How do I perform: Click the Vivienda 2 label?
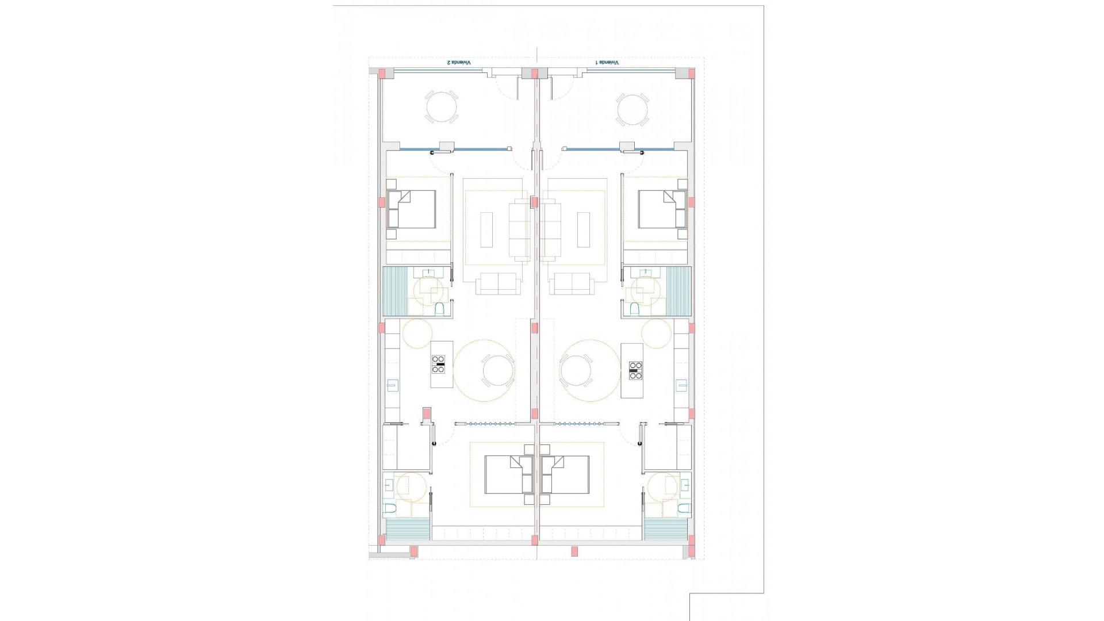pos(459,62)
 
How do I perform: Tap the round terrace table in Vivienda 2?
pos(442,107)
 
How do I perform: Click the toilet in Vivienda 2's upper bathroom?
pos(440,310)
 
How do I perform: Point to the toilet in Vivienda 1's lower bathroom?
pos(683,508)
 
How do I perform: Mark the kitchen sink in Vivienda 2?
pos(393,385)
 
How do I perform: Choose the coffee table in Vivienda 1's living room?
pos(584,229)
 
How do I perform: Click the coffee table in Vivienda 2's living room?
pos(486,229)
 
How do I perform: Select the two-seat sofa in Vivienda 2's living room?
pos(497,284)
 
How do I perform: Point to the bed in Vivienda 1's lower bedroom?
pos(565,475)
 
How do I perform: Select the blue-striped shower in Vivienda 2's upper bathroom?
pos(395,292)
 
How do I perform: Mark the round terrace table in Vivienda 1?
pos(632,107)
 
